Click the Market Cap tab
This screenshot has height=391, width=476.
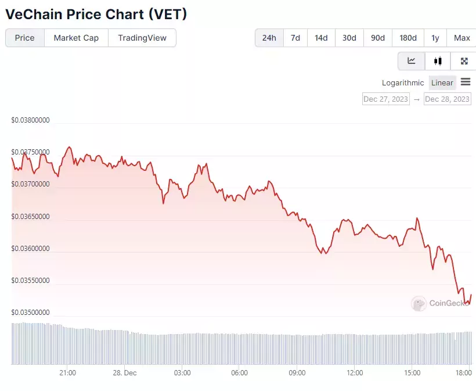click(76, 38)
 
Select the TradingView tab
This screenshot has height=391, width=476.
click(142, 38)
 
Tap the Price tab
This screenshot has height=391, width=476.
click(25, 38)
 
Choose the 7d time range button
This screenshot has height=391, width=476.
click(295, 38)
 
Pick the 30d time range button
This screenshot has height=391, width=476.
click(349, 38)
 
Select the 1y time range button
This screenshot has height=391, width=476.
click(435, 38)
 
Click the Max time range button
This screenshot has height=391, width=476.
click(461, 38)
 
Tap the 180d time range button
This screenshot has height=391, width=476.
click(408, 38)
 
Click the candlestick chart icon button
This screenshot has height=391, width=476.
click(438, 61)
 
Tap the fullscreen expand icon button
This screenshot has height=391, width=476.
click(464, 61)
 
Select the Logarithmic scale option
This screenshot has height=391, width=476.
click(403, 83)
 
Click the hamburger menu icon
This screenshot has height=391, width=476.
click(466, 82)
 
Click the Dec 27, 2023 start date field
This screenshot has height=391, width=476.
click(386, 99)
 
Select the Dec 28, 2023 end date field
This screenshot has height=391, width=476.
click(448, 99)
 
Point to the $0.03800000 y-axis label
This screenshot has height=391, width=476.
click(30, 120)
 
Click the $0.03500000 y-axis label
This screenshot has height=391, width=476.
click(30, 313)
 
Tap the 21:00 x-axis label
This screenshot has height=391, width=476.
click(68, 373)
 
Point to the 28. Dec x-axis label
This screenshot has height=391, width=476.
click(125, 373)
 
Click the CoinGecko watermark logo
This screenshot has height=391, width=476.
click(419, 303)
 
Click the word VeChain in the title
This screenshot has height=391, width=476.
click(34, 15)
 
